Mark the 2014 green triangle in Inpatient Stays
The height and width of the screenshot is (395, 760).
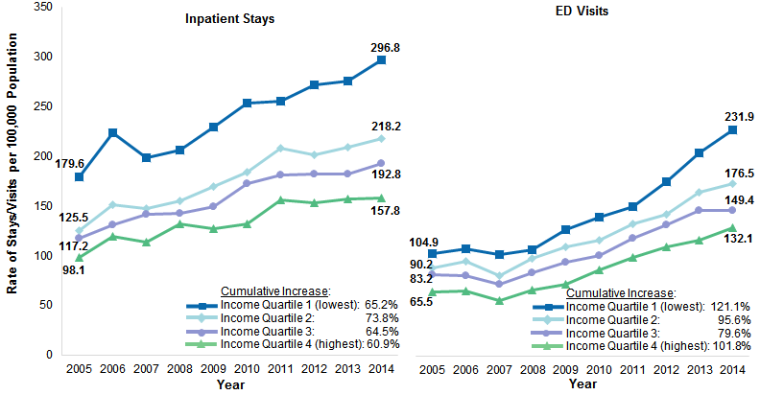point(381,198)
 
